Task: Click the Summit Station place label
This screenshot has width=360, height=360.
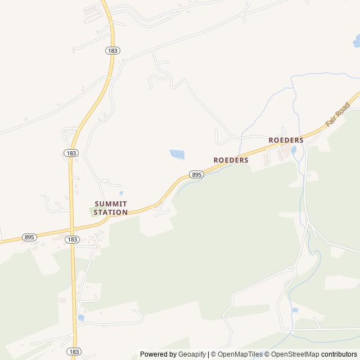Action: click(x=111, y=208)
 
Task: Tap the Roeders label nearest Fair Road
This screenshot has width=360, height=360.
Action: click(x=286, y=140)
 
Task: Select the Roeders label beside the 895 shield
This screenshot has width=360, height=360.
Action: click(x=231, y=160)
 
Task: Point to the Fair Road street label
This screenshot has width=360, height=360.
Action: click(x=337, y=114)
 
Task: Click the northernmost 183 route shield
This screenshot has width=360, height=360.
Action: click(x=112, y=51)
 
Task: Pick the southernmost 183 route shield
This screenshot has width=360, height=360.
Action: click(x=74, y=352)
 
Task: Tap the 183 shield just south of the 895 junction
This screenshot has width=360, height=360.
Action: click(x=71, y=240)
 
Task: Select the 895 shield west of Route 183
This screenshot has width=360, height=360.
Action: click(x=30, y=237)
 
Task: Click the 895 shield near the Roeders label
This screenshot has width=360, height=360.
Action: click(x=196, y=175)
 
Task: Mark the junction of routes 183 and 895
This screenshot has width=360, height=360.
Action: click(x=71, y=229)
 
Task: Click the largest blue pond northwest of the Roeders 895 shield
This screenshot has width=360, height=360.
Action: click(x=177, y=154)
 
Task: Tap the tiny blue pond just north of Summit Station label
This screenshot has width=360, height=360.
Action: click(x=121, y=193)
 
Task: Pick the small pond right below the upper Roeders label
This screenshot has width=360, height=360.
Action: click(x=293, y=150)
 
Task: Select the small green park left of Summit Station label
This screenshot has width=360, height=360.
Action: click(x=93, y=211)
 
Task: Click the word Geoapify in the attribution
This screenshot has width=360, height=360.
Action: click(x=192, y=354)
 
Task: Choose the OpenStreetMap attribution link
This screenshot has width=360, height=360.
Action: click(x=294, y=354)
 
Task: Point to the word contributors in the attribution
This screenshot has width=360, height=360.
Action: click(x=339, y=354)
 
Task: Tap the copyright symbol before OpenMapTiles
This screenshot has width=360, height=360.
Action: click(x=214, y=354)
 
